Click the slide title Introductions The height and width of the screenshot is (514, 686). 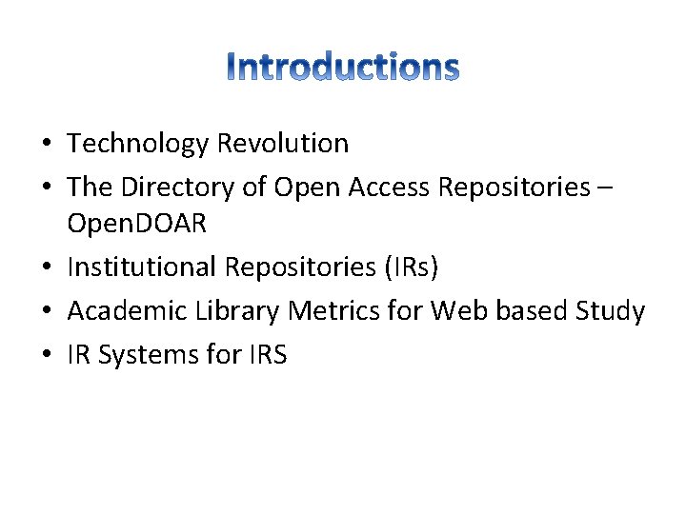tap(344, 67)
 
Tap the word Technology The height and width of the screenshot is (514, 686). tap(138, 144)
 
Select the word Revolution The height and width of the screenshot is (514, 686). tap(283, 144)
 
